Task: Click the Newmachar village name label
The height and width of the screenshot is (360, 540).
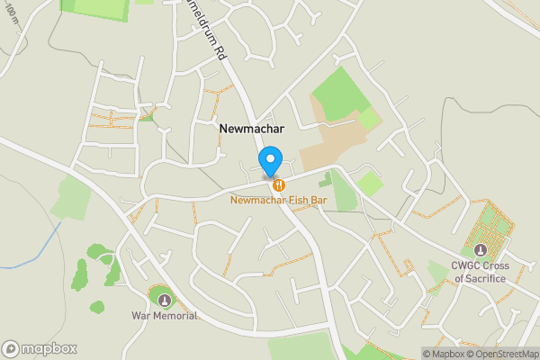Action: pyautogui.click(x=251, y=129)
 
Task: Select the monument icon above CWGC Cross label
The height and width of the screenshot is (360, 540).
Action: pyautogui.click(x=480, y=249)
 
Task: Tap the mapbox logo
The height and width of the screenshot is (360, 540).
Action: pyautogui.click(x=40, y=348)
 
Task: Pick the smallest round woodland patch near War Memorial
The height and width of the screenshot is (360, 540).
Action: pyautogui.click(x=96, y=307)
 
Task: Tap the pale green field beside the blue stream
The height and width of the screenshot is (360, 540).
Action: pyautogui.click(x=70, y=197)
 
